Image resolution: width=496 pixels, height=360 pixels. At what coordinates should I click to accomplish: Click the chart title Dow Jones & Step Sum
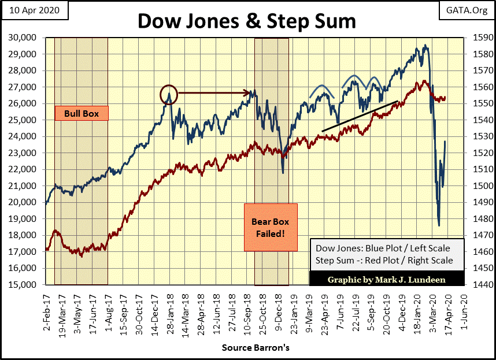(x=247, y=21)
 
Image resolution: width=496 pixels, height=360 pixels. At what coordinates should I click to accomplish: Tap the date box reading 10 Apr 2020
(x=35, y=10)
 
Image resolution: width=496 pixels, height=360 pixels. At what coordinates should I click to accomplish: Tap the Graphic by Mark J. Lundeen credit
(x=387, y=280)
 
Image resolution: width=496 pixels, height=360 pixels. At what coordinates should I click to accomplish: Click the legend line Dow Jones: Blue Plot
(x=383, y=248)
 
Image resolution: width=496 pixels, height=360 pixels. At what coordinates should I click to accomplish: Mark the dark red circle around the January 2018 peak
(x=168, y=95)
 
